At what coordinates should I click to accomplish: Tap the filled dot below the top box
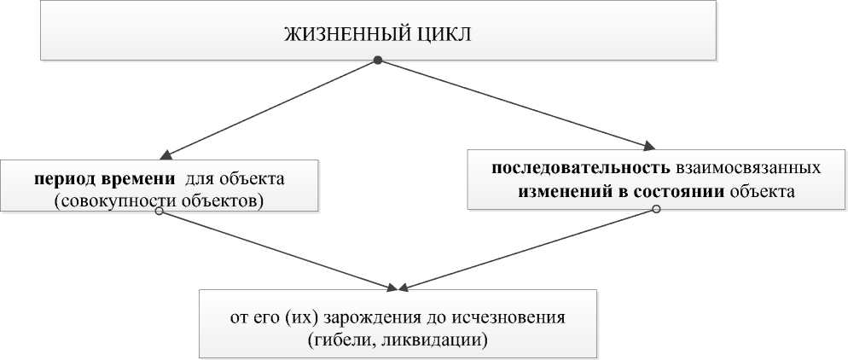378,61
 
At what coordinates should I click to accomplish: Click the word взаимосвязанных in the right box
751,168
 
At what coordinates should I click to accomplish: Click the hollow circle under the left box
159,212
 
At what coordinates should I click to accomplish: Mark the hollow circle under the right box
655,209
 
